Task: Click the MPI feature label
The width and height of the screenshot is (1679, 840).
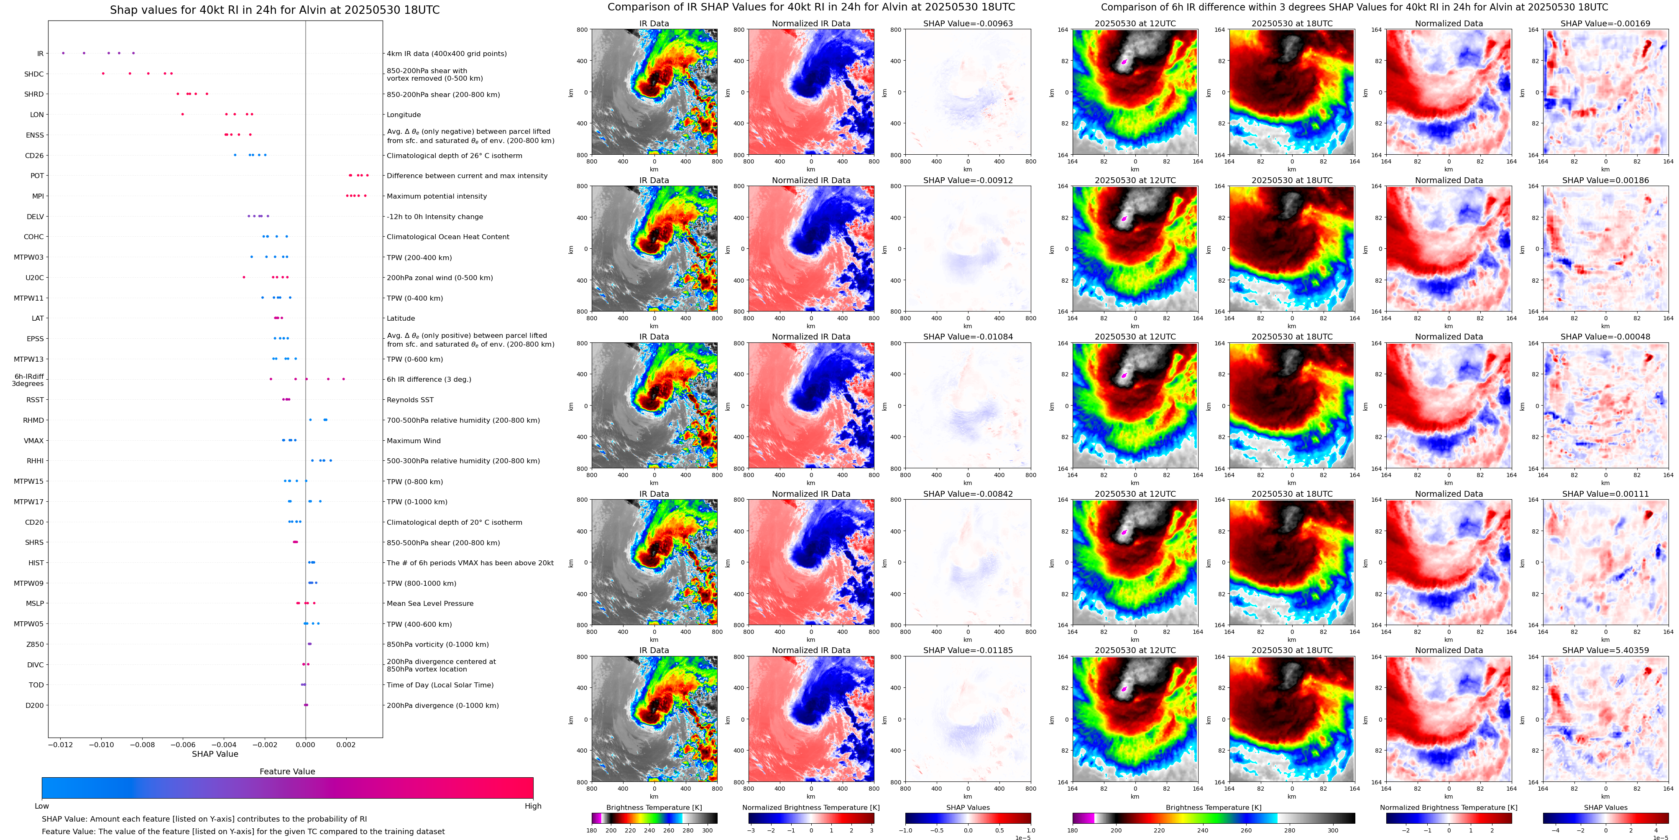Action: point(38,196)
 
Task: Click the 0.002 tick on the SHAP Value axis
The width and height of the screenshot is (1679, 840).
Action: point(346,745)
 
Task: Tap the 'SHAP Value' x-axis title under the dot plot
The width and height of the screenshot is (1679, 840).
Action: point(215,754)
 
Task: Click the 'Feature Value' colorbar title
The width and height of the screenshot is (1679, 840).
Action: point(287,771)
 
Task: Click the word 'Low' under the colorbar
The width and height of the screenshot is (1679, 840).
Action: point(42,806)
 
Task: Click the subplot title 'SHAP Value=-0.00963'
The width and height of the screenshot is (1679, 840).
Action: point(968,23)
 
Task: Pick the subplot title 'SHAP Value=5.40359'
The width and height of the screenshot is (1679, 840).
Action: point(1605,650)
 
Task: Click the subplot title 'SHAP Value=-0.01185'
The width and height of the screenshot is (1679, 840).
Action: point(968,650)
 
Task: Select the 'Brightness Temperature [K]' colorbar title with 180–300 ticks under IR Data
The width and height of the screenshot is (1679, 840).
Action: point(654,807)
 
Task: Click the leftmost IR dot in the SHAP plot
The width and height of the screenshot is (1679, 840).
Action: point(63,53)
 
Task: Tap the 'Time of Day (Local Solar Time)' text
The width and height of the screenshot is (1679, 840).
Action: point(440,685)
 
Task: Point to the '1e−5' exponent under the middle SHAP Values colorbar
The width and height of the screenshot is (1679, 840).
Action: point(1022,838)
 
